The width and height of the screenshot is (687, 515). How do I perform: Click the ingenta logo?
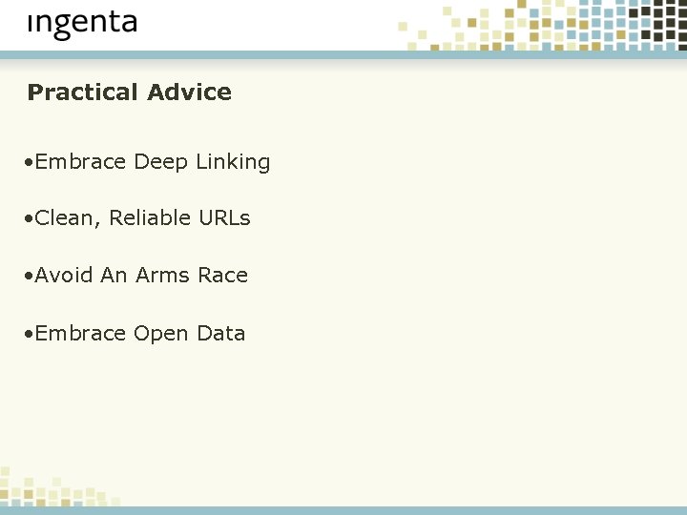click(82, 24)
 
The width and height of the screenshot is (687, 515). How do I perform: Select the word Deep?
click(161, 163)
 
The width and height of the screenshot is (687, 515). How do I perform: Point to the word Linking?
click(233, 163)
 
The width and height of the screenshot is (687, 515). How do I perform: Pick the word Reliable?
click(146, 218)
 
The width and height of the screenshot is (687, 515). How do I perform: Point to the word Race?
click(222, 276)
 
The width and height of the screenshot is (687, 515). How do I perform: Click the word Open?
click(161, 335)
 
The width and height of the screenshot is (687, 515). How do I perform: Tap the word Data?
click(221, 334)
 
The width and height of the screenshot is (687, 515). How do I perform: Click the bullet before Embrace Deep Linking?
click(30, 163)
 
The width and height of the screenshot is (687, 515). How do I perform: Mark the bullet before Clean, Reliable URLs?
click(30, 219)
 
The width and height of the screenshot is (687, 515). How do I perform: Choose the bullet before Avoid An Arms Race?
click(30, 277)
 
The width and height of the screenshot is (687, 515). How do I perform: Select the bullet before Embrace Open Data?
click(30, 335)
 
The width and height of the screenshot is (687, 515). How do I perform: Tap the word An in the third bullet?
click(114, 276)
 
